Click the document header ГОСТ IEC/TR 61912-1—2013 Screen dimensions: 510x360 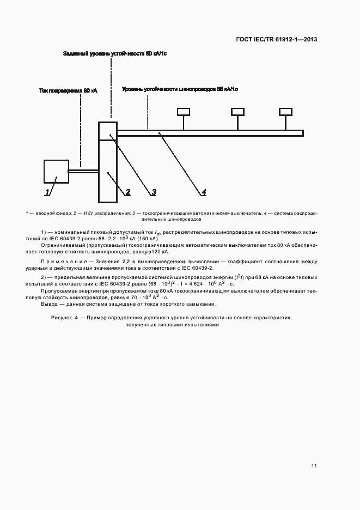277,39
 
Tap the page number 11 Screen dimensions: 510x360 314,466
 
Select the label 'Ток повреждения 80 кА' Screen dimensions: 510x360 68,91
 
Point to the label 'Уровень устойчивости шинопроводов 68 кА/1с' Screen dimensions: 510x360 180,88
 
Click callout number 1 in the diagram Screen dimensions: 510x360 47,192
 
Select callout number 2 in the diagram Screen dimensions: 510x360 128,192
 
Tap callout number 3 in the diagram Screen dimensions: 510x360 154,192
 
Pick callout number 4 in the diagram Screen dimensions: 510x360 203,192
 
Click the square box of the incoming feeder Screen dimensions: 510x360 56,171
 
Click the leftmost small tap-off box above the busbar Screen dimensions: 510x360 183,112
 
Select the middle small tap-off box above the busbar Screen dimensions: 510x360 237,112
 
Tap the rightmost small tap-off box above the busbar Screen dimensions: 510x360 285,112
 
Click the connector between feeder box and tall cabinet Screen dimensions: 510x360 83,172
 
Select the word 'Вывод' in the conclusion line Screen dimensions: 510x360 50,304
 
